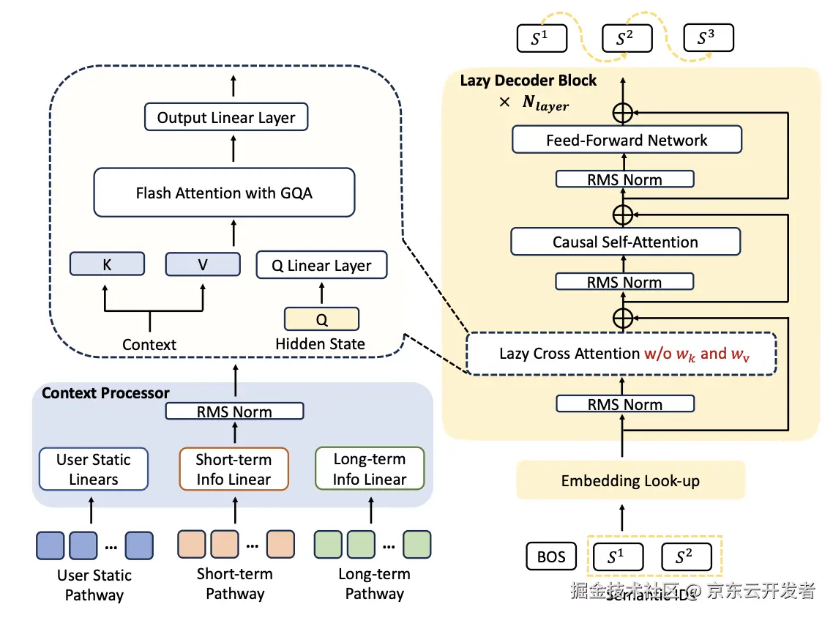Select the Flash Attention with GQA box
[224, 193]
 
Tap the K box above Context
[107, 265]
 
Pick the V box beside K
[203, 265]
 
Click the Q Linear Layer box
[321, 266]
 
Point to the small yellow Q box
[321, 319]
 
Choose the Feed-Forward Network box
[627, 141]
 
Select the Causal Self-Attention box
[625, 242]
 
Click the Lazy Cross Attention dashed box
[621, 354]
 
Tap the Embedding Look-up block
[630, 481]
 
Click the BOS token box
[551, 556]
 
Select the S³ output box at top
[708, 39]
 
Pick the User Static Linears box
[94, 469]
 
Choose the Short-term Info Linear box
[234, 469]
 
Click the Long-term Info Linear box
[370, 469]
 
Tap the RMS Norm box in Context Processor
[234, 412]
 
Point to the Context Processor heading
[105, 393]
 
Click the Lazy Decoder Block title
[528, 81]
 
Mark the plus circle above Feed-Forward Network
[622, 112]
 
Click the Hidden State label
[320, 343]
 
